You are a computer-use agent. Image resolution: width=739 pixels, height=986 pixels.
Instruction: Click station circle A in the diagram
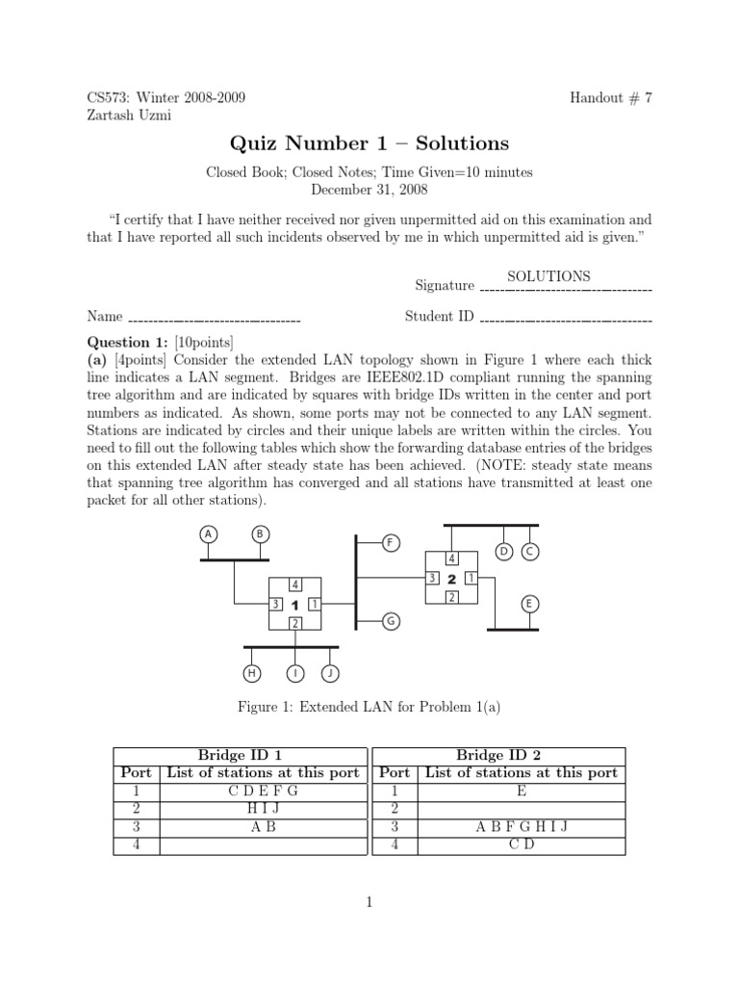pos(208,533)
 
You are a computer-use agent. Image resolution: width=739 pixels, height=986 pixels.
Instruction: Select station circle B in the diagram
pos(259,533)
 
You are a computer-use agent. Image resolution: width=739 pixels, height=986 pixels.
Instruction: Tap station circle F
pos(390,543)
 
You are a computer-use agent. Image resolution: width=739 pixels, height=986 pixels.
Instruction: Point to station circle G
pos(390,621)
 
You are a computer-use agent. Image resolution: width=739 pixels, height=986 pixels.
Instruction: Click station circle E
pos(529,604)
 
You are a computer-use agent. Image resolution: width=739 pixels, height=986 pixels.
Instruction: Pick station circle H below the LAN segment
pos(253,672)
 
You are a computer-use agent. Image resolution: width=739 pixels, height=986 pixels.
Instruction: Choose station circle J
pos(330,672)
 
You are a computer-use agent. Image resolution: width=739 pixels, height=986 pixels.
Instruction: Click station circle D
pos(503,551)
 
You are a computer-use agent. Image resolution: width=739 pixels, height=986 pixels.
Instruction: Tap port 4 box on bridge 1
pos(294,584)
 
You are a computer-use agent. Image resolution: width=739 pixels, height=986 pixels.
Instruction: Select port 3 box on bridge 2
pos(433,578)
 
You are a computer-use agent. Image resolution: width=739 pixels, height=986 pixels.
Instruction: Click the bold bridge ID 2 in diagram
pos(451,578)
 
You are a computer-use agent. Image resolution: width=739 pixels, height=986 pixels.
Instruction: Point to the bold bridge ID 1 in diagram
pos(294,604)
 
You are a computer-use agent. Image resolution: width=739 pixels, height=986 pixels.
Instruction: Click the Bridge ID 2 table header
pos(498,755)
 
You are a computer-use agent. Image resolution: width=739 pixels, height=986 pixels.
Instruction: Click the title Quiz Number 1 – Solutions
pos(369,143)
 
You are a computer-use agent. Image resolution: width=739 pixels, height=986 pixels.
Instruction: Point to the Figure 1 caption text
pos(369,708)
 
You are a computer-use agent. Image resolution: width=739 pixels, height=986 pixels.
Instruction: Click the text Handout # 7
pos(611,97)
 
